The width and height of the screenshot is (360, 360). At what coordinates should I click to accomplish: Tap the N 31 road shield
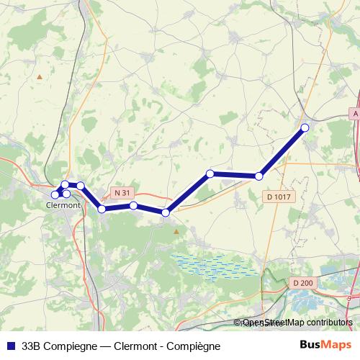point(123,193)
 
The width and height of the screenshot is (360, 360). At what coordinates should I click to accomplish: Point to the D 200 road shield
point(303,283)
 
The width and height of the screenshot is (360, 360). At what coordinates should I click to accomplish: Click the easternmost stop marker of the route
point(305,127)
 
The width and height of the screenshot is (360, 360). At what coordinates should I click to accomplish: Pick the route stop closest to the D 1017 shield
point(259,176)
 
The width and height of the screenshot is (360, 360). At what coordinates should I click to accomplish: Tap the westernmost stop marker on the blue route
point(55,194)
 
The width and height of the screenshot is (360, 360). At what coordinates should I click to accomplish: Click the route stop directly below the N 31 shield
point(134,206)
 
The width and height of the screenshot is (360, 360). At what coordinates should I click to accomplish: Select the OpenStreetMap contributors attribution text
point(297,323)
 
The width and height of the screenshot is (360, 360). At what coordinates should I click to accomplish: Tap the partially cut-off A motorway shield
point(355,114)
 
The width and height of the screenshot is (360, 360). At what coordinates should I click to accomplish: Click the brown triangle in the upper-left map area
point(40,76)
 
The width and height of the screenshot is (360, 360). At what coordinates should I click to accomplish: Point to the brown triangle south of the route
point(176,230)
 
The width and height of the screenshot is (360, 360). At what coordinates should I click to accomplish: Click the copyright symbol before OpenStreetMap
point(238,323)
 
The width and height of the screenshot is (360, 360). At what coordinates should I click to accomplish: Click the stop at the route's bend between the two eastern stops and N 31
point(210,174)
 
